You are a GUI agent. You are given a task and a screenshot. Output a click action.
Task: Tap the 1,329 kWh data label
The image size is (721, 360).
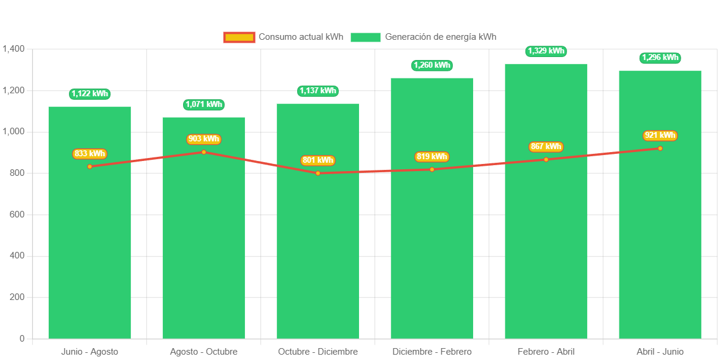(x=546, y=51)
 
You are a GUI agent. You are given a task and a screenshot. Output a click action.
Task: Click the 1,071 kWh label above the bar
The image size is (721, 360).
(x=204, y=105)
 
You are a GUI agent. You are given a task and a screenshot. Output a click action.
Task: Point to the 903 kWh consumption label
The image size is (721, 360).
(x=204, y=139)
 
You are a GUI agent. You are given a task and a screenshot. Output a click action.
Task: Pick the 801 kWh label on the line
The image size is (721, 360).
(x=318, y=160)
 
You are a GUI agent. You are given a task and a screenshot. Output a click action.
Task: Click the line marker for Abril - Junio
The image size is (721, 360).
(x=660, y=149)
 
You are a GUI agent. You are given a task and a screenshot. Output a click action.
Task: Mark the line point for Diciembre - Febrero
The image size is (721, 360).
(x=432, y=169)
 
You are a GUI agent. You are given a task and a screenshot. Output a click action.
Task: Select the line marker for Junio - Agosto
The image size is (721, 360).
(x=90, y=166)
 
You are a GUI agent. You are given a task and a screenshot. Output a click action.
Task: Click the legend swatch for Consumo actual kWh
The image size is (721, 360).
(x=239, y=37)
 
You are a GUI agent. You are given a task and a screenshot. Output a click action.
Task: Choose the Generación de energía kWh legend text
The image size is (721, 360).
(x=440, y=37)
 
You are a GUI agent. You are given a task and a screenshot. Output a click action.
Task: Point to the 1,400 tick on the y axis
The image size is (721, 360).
(x=13, y=49)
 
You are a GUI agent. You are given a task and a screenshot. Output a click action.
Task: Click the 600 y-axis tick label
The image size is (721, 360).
(x=17, y=214)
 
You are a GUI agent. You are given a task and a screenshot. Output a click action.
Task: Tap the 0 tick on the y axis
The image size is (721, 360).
(x=22, y=339)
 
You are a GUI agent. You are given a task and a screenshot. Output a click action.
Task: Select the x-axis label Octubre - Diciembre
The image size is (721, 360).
(x=318, y=352)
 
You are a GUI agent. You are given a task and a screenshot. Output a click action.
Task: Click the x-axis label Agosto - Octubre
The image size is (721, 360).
(x=204, y=352)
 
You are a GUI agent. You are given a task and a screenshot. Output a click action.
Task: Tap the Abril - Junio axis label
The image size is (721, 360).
(x=660, y=352)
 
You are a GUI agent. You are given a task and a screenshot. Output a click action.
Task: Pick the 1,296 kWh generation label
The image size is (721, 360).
(x=660, y=58)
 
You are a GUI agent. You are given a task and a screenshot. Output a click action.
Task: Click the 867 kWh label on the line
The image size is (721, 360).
(x=546, y=147)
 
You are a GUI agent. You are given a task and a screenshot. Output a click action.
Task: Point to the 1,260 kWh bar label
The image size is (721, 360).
(x=432, y=65)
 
